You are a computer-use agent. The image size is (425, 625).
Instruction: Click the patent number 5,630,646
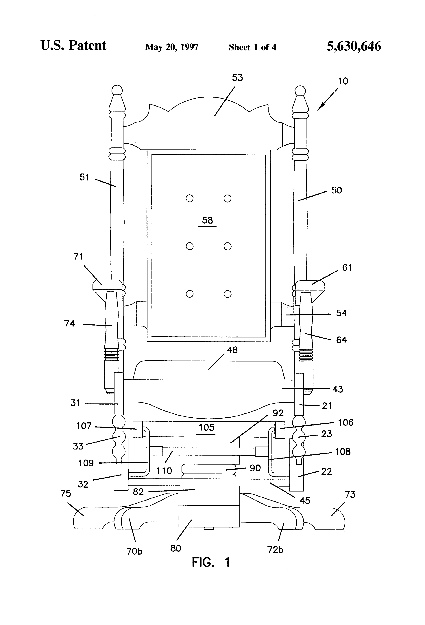click(354, 46)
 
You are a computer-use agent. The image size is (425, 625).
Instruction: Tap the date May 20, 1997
click(172, 47)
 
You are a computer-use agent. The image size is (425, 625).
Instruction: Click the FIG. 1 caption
click(211, 562)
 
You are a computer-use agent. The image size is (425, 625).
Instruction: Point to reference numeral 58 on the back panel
click(207, 220)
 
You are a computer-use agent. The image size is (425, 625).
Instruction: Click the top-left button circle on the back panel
click(190, 198)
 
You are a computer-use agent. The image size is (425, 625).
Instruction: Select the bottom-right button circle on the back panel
click(228, 294)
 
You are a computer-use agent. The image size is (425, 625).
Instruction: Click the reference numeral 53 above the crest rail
click(237, 78)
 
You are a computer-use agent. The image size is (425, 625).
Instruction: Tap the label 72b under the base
click(275, 550)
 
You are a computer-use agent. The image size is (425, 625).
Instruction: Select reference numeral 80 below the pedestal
click(176, 548)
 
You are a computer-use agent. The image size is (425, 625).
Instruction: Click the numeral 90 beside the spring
click(255, 468)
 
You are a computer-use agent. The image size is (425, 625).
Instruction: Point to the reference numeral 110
click(164, 471)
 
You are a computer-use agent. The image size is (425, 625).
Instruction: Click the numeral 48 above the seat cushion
click(232, 350)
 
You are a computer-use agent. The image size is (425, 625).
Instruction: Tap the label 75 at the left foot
click(66, 494)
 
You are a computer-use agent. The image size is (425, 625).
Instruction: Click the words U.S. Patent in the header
click(73, 45)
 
